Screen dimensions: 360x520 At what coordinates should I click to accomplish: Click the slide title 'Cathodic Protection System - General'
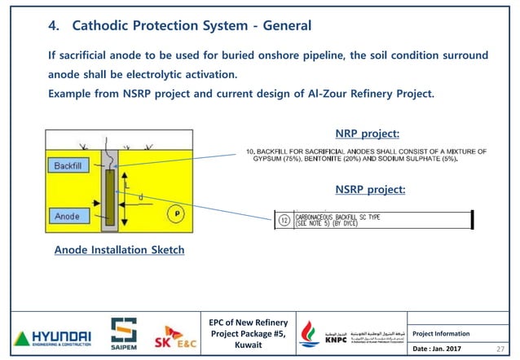(192, 26)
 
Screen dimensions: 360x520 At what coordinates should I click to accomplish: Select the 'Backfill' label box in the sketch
(73, 165)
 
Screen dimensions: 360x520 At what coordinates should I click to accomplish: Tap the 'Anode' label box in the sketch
(67, 217)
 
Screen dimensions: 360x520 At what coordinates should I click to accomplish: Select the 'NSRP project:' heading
(370, 190)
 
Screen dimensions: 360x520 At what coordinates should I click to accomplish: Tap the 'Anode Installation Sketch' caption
(119, 250)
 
